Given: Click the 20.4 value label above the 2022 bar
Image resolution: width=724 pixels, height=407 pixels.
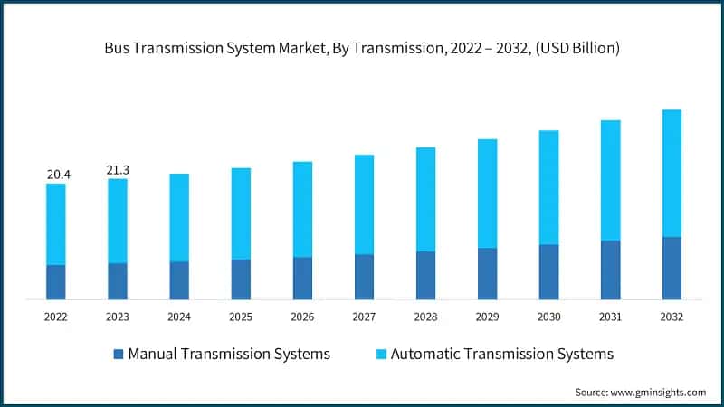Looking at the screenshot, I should coord(55,173).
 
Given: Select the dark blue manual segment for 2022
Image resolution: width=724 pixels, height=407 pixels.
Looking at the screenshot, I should coord(55,282).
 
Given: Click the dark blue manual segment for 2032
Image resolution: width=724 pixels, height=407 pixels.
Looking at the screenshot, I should coord(672,268).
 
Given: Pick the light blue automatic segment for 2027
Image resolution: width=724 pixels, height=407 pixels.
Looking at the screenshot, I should coord(364,204).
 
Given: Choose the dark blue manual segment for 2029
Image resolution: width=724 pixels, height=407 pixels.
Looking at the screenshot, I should coord(487,273).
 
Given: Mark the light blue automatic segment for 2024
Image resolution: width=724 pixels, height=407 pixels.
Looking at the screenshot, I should coord(179,217).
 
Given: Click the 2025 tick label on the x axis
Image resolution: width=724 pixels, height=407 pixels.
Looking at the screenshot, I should coord(241,317).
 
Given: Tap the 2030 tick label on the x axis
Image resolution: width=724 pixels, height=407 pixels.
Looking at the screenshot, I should coord(548,317).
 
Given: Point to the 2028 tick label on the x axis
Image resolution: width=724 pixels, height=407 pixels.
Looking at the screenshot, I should coord(425,317).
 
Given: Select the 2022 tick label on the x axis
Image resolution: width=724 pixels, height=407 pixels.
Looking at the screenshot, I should coord(55,317).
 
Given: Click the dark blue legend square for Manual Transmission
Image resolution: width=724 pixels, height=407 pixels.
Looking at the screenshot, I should coord(118,354).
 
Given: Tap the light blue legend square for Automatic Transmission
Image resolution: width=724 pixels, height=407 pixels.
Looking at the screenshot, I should coord(381,354).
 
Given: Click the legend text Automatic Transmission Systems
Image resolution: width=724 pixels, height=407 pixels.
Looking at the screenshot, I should coord(501,354).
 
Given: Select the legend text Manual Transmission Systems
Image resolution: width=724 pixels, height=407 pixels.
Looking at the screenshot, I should coord(229,354).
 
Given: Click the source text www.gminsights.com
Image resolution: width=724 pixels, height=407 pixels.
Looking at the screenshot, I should coord(659,392).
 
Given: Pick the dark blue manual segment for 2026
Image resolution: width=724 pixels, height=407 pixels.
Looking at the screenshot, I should coord(302,278).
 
